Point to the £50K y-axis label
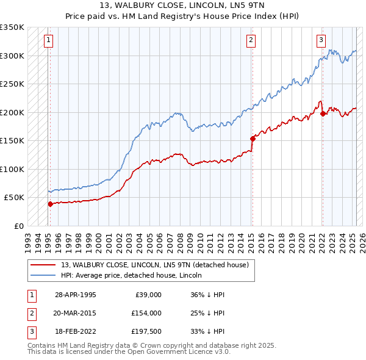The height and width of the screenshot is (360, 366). click(x=13, y=198)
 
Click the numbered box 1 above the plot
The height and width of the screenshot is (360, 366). click(x=48, y=41)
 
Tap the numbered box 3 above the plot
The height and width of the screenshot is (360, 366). click(x=321, y=41)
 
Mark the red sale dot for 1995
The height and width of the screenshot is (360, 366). click(x=51, y=204)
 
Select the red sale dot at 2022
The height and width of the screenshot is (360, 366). click(x=323, y=113)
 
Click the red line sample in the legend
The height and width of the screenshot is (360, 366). click(x=43, y=265)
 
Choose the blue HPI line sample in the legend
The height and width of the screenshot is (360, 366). click(x=43, y=276)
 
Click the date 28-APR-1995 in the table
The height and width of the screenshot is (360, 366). click(x=76, y=295)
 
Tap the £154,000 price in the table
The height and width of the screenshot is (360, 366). click(x=146, y=313)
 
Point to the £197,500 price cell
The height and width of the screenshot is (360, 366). click(x=146, y=331)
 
